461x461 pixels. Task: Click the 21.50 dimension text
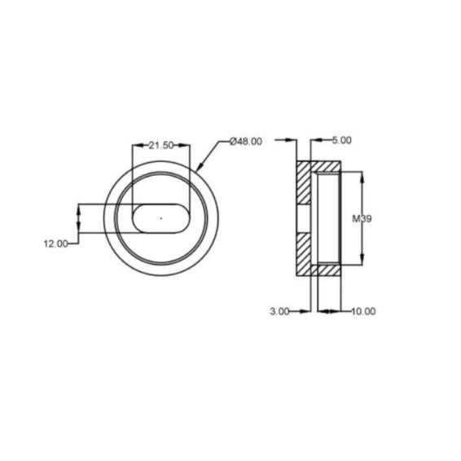point(161,146)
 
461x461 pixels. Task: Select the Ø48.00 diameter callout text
point(246,141)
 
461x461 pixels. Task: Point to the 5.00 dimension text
point(342,141)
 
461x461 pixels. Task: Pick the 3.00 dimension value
point(280,311)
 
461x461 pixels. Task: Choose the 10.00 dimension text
point(364,311)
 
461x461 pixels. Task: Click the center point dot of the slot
point(161,218)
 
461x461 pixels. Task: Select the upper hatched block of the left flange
point(303,182)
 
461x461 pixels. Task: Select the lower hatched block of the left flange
point(303,254)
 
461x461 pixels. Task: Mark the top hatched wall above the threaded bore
point(327,168)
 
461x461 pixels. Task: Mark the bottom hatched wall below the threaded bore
point(327,269)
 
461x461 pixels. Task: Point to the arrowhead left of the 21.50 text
point(136,146)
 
